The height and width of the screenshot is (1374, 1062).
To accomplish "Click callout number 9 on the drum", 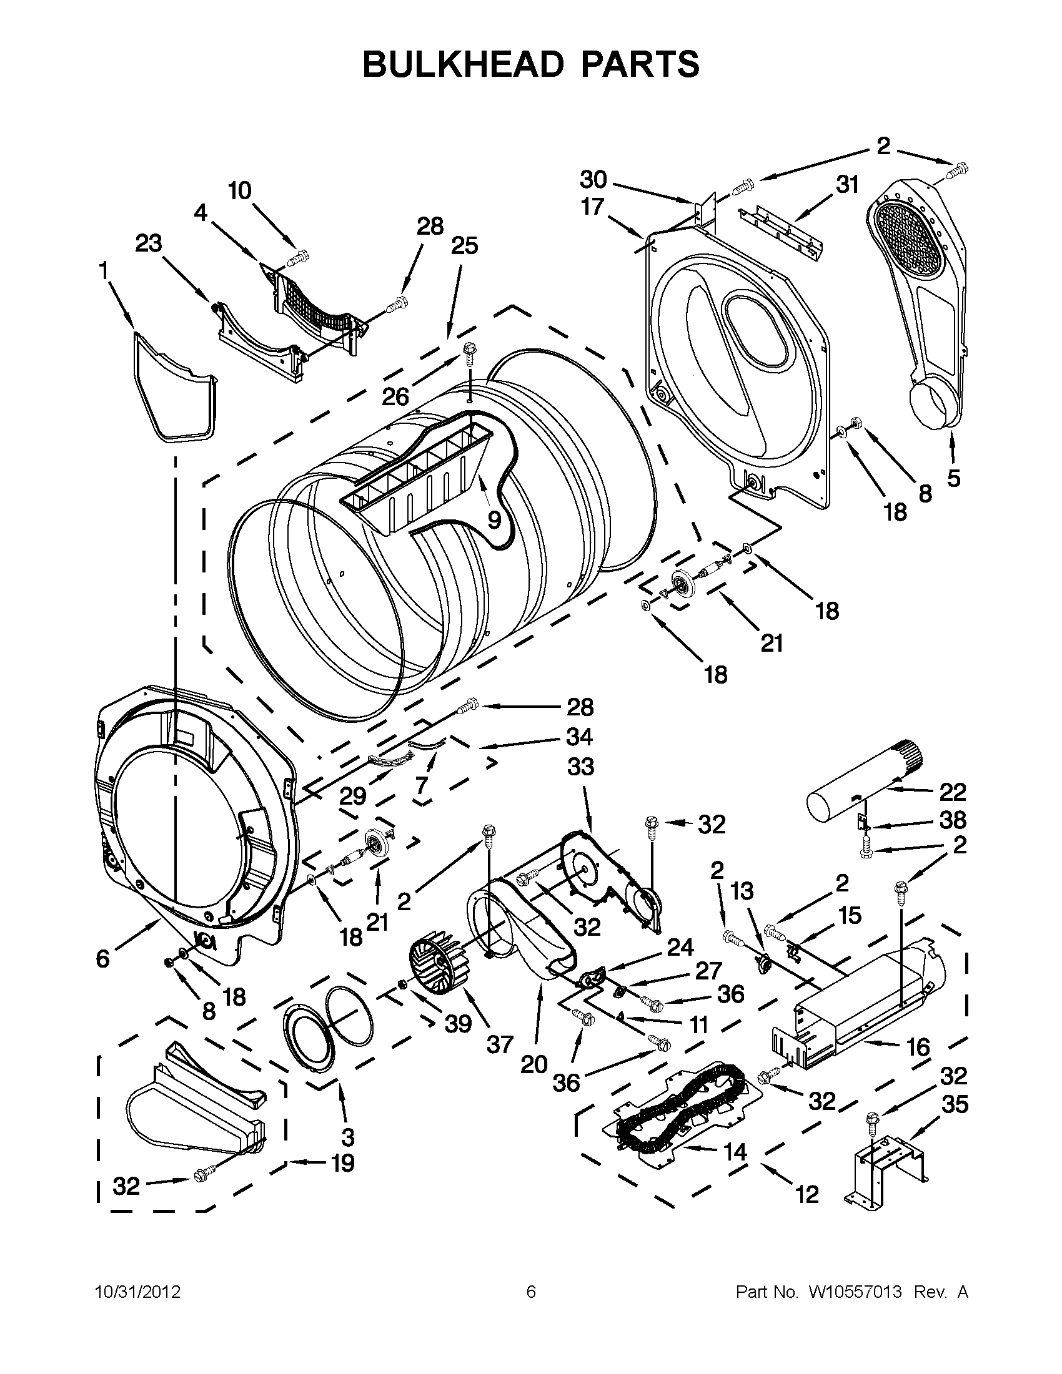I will point(494,519).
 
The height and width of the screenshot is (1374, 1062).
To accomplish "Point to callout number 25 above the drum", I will point(464,246).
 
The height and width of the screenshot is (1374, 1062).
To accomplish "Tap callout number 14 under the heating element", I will point(735,1151).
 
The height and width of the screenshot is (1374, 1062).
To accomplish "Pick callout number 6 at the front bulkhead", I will point(102,959).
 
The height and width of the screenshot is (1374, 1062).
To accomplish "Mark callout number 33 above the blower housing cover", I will point(580,767).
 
